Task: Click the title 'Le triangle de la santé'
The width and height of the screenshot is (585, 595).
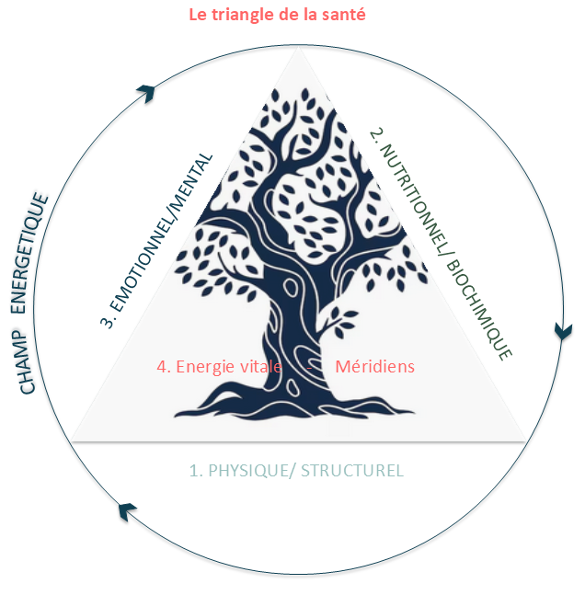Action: click(277, 16)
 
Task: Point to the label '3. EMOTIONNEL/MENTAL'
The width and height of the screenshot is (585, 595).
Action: click(157, 240)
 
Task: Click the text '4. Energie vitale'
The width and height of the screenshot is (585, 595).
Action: click(219, 366)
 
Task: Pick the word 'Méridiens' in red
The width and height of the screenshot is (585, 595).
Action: click(374, 366)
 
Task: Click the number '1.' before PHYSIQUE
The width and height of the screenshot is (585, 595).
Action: click(195, 471)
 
